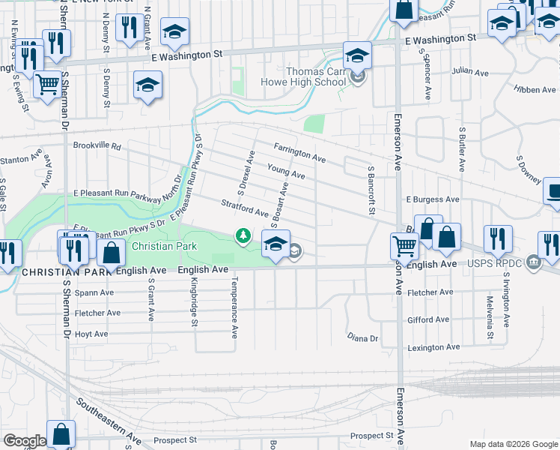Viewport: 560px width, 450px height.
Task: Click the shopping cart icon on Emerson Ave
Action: click(x=404, y=244)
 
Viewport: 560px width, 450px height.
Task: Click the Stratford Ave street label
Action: click(x=244, y=208)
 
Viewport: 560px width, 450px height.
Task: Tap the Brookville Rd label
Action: click(x=97, y=147)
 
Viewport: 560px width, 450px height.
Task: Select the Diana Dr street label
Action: click(x=363, y=338)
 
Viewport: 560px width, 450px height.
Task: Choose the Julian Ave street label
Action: click(x=469, y=71)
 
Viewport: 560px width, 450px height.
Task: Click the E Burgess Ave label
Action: click(x=433, y=200)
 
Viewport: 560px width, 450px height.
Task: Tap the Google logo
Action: click(x=24, y=441)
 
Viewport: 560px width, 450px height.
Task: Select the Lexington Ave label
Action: click(x=433, y=347)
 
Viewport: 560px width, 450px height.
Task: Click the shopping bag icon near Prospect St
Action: click(x=61, y=433)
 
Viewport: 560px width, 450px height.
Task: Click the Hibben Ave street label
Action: click(x=535, y=90)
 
